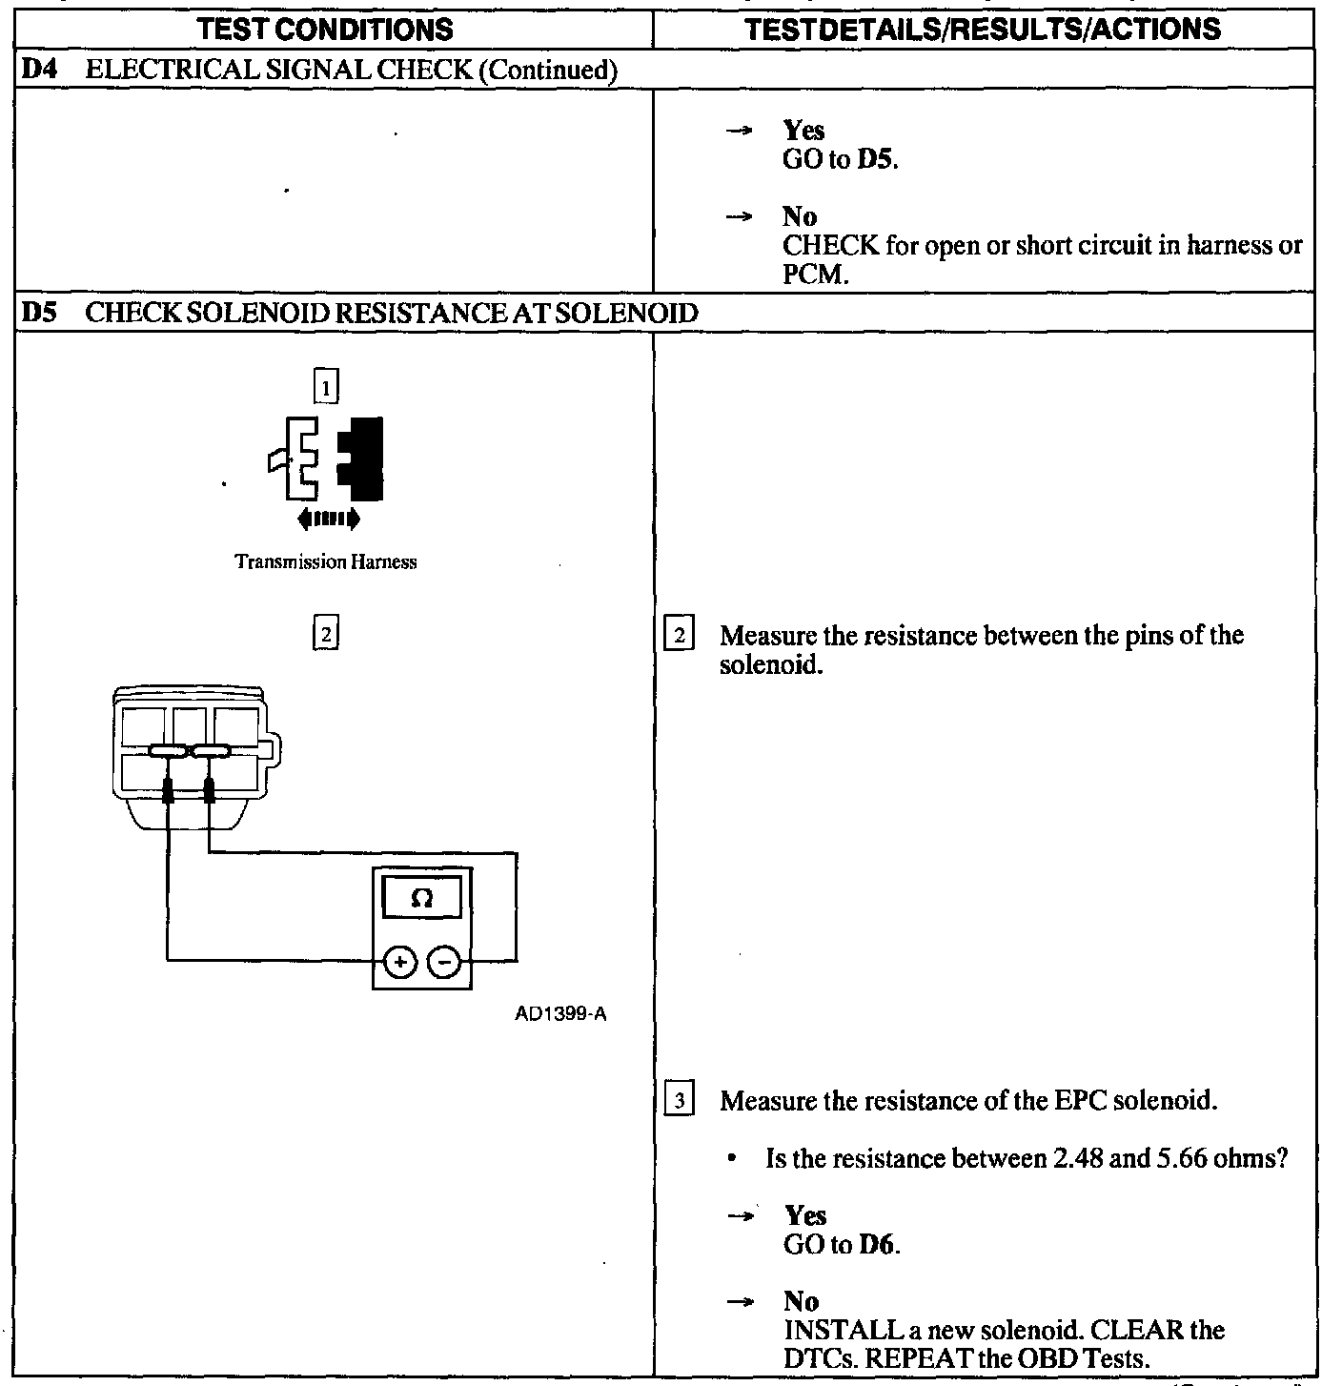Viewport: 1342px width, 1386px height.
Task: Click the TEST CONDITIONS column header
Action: tap(326, 30)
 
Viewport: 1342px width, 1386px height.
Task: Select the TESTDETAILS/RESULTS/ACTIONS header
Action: tap(983, 30)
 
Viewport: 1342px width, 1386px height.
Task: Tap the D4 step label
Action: tap(35, 70)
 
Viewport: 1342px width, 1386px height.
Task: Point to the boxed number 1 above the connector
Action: tap(326, 387)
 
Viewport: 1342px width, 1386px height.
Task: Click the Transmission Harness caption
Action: tap(326, 562)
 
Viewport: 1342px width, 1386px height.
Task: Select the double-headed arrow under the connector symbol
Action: tap(329, 519)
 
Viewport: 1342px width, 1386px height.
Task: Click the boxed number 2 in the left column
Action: tap(326, 633)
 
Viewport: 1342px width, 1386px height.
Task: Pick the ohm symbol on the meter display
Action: tap(422, 898)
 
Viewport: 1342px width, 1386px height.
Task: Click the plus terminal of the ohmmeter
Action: tap(400, 963)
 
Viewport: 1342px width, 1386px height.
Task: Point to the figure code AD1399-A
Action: tap(560, 1013)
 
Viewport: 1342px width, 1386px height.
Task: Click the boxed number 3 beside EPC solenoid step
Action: tap(679, 1101)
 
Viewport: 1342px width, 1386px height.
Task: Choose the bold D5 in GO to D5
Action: tap(876, 159)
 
